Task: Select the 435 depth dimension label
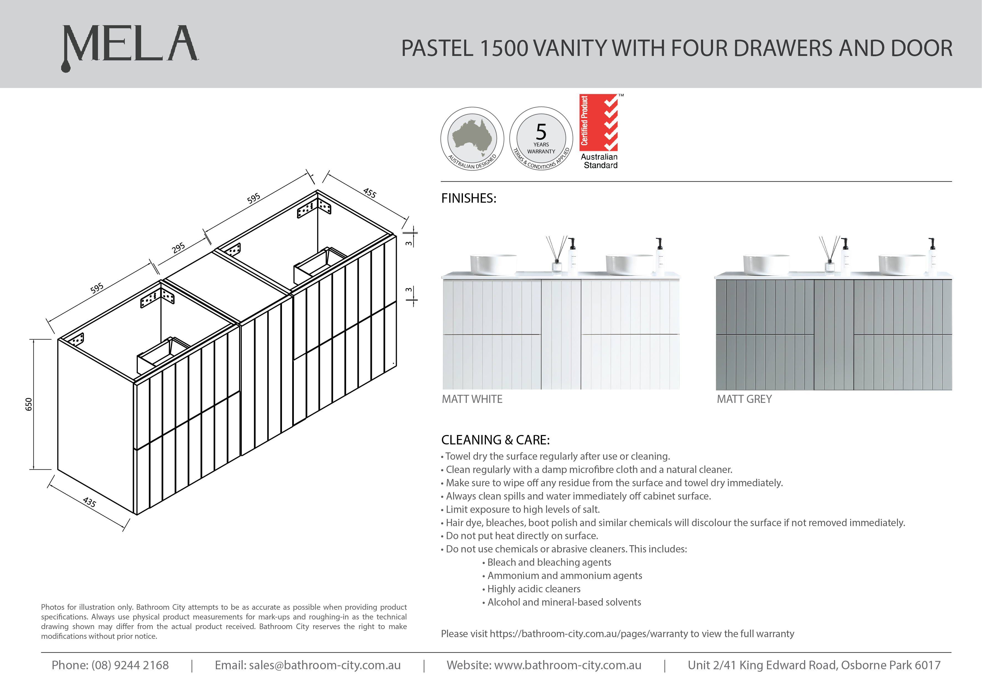[89, 501]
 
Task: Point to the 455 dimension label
[370, 193]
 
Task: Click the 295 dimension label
[178, 247]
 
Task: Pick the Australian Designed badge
[472, 138]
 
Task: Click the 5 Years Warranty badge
[541, 138]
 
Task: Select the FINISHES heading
[468, 198]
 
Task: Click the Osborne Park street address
[814, 665]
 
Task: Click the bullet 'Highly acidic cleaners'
[534, 589]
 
